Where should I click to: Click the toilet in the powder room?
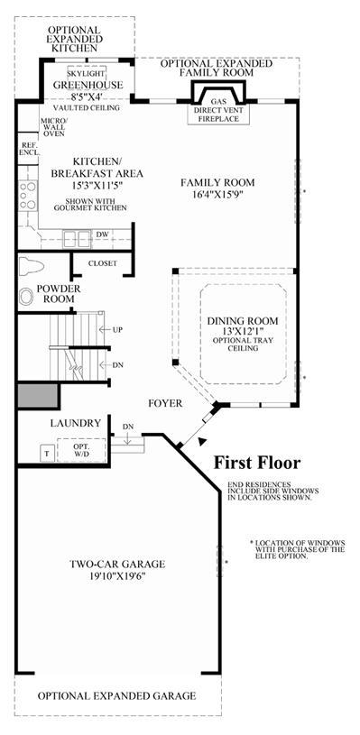pos(31,266)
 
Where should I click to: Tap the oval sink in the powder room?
pos(27,296)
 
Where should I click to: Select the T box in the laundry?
pos(47,454)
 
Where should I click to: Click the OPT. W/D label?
pos(82,450)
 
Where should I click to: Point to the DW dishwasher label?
pos(102,234)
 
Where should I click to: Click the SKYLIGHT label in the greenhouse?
pos(87,75)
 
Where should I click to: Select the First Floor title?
pos(257,463)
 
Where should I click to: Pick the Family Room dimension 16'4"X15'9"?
pos(217,193)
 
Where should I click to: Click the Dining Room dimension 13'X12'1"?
pos(243,331)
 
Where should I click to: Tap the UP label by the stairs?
pos(117,329)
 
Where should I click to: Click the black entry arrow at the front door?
pos(202,441)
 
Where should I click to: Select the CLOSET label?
pos(103,263)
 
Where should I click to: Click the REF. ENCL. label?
pos(29,150)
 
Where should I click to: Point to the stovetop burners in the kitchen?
pos(27,195)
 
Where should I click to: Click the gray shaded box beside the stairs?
pos(37,396)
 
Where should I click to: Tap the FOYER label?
pos(165,403)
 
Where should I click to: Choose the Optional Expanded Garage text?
pos(116,695)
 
